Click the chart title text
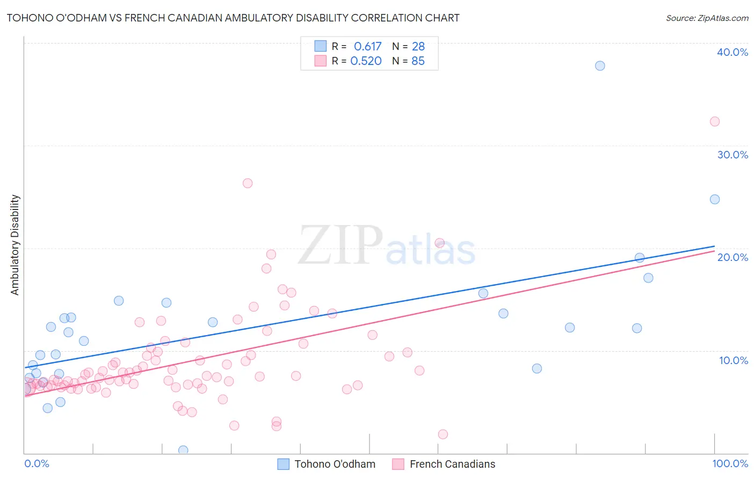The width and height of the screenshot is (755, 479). pyautogui.click(x=233, y=18)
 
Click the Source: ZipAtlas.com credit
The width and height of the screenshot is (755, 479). pyautogui.click(x=707, y=18)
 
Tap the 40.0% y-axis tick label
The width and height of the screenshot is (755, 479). pyautogui.click(x=732, y=52)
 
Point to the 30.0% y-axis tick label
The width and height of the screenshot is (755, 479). pyautogui.click(x=732, y=155)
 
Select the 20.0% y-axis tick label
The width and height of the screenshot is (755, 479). pyautogui.click(x=732, y=257)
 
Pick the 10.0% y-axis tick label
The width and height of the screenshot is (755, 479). pyautogui.click(x=733, y=360)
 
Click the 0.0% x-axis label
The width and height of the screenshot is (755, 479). pyautogui.click(x=37, y=463)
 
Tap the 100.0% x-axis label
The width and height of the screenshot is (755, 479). pyautogui.click(x=730, y=463)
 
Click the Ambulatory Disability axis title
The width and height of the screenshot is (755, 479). pyautogui.click(x=15, y=245)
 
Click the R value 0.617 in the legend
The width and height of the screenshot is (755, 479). pyautogui.click(x=367, y=47)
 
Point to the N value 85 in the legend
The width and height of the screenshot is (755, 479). pyautogui.click(x=418, y=61)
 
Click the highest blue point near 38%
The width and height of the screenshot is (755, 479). pyautogui.click(x=600, y=66)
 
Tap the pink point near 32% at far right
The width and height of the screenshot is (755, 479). pyautogui.click(x=714, y=121)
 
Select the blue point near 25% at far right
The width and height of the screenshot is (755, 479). pyautogui.click(x=714, y=199)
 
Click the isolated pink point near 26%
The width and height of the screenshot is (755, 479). pyautogui.click(x=248, y=183)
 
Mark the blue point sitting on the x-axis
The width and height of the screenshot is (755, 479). pyautogui.click(x=183, y=450)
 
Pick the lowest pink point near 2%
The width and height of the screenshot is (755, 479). pyautogui.click(x=442, y=434)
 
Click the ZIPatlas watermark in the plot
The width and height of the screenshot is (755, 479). pyautogui.click(x=387, y=245)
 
